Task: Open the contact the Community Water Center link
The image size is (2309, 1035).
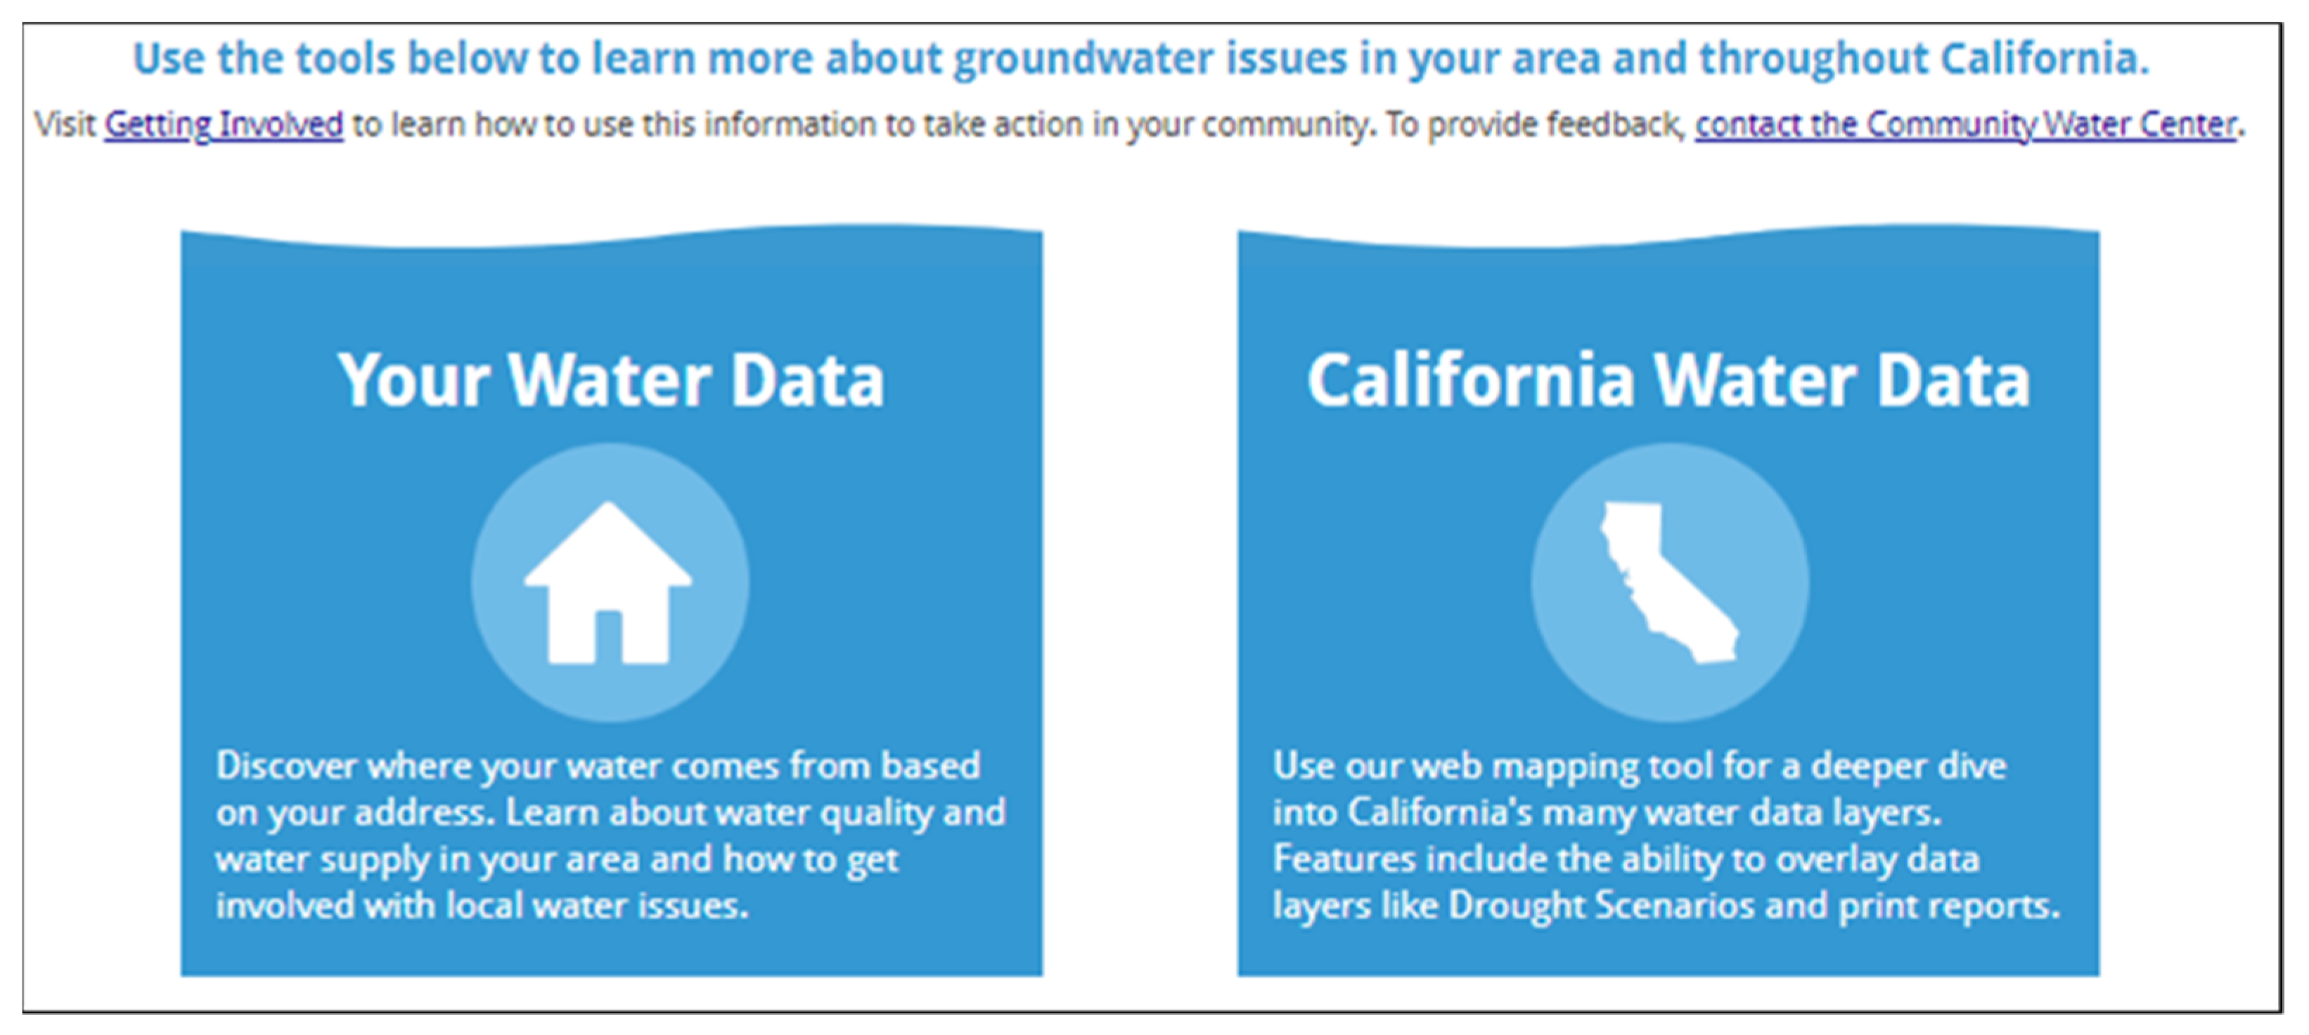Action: click(x=1964, y=124)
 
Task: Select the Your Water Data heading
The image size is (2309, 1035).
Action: click(x=611, y=380)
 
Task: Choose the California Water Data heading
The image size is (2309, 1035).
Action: click(x=1668, y=380)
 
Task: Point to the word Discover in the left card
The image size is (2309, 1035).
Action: click(x=286, y=766)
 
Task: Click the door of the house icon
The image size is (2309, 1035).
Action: click(x=609, y=637)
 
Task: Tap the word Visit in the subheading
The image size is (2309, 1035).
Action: click(x=65, y=124)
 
